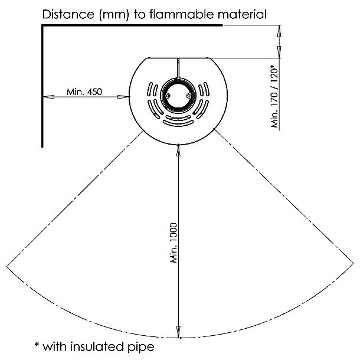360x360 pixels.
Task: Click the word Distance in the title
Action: click(68, 14)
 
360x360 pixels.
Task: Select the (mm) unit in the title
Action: click(113, 15)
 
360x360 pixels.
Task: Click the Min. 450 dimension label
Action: click(84, 92)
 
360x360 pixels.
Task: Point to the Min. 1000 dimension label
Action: click(174, 243)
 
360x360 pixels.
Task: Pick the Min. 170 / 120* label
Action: click(274, 96)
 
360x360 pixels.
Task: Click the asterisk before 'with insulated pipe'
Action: click(37, 344)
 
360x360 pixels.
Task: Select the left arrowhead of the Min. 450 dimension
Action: click(48, 97)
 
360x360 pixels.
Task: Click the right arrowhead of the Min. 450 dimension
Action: click(123, 97)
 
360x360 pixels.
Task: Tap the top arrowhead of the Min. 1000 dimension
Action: click(178, 150)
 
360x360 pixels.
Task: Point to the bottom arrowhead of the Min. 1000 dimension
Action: click(178, 332)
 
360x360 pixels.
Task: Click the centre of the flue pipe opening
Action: click(178, 96)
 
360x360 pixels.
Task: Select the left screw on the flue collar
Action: click(168, 96)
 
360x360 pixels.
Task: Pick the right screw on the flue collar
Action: click(189, 95)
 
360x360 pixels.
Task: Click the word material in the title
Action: click(242, 14)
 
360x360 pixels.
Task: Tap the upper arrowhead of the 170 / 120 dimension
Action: click(279, 31)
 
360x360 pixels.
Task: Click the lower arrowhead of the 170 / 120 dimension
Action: click(279, 52)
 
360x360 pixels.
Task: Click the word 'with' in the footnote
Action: click(55, 346)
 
